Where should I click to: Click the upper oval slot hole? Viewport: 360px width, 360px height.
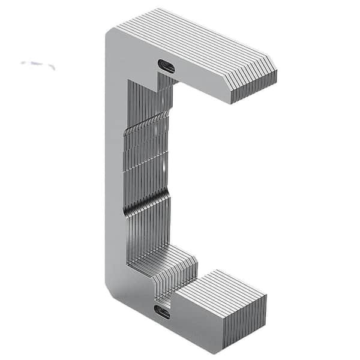166,66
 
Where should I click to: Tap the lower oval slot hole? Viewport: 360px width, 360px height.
162,311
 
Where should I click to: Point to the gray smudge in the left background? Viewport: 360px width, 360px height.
38,64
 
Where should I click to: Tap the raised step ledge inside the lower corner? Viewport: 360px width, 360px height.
162,258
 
